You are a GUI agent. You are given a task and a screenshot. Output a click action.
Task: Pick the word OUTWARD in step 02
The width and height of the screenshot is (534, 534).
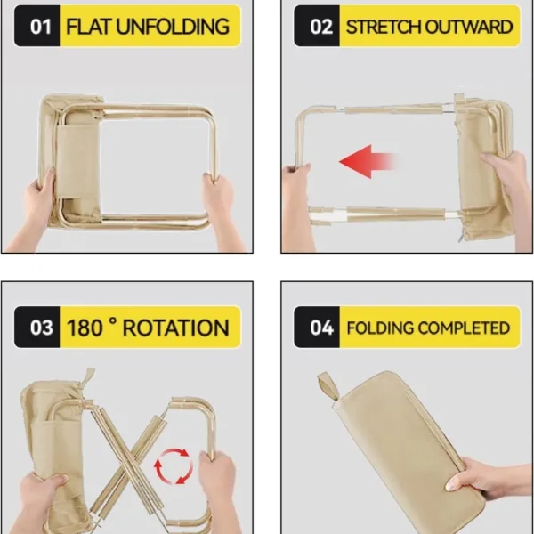click(x=471, y=26)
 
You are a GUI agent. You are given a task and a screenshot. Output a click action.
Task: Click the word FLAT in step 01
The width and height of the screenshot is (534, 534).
click(x=87, y=26)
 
